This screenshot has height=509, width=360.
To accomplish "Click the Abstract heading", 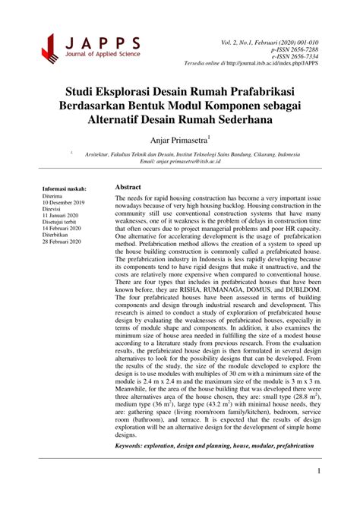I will tap(129, 187).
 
